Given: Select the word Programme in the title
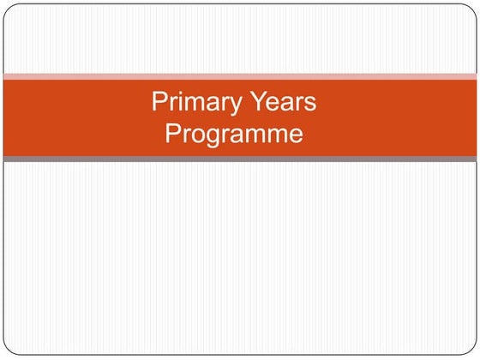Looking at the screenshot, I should coord(234,134).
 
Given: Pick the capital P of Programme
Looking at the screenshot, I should coord(172,134).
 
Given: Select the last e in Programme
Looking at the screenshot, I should coord(295,135).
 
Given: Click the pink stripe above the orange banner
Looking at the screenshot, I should coord(240,76).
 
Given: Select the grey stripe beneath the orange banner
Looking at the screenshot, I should coord(240,159).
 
